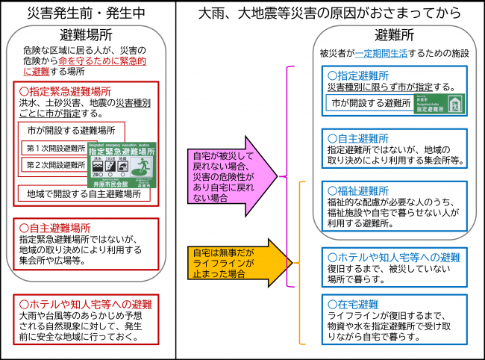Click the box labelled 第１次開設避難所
57,149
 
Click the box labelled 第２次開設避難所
57,165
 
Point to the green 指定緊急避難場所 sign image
122,164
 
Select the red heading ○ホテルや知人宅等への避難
85,304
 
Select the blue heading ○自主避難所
358,138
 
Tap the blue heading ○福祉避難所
358,190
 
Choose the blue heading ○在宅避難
353,304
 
